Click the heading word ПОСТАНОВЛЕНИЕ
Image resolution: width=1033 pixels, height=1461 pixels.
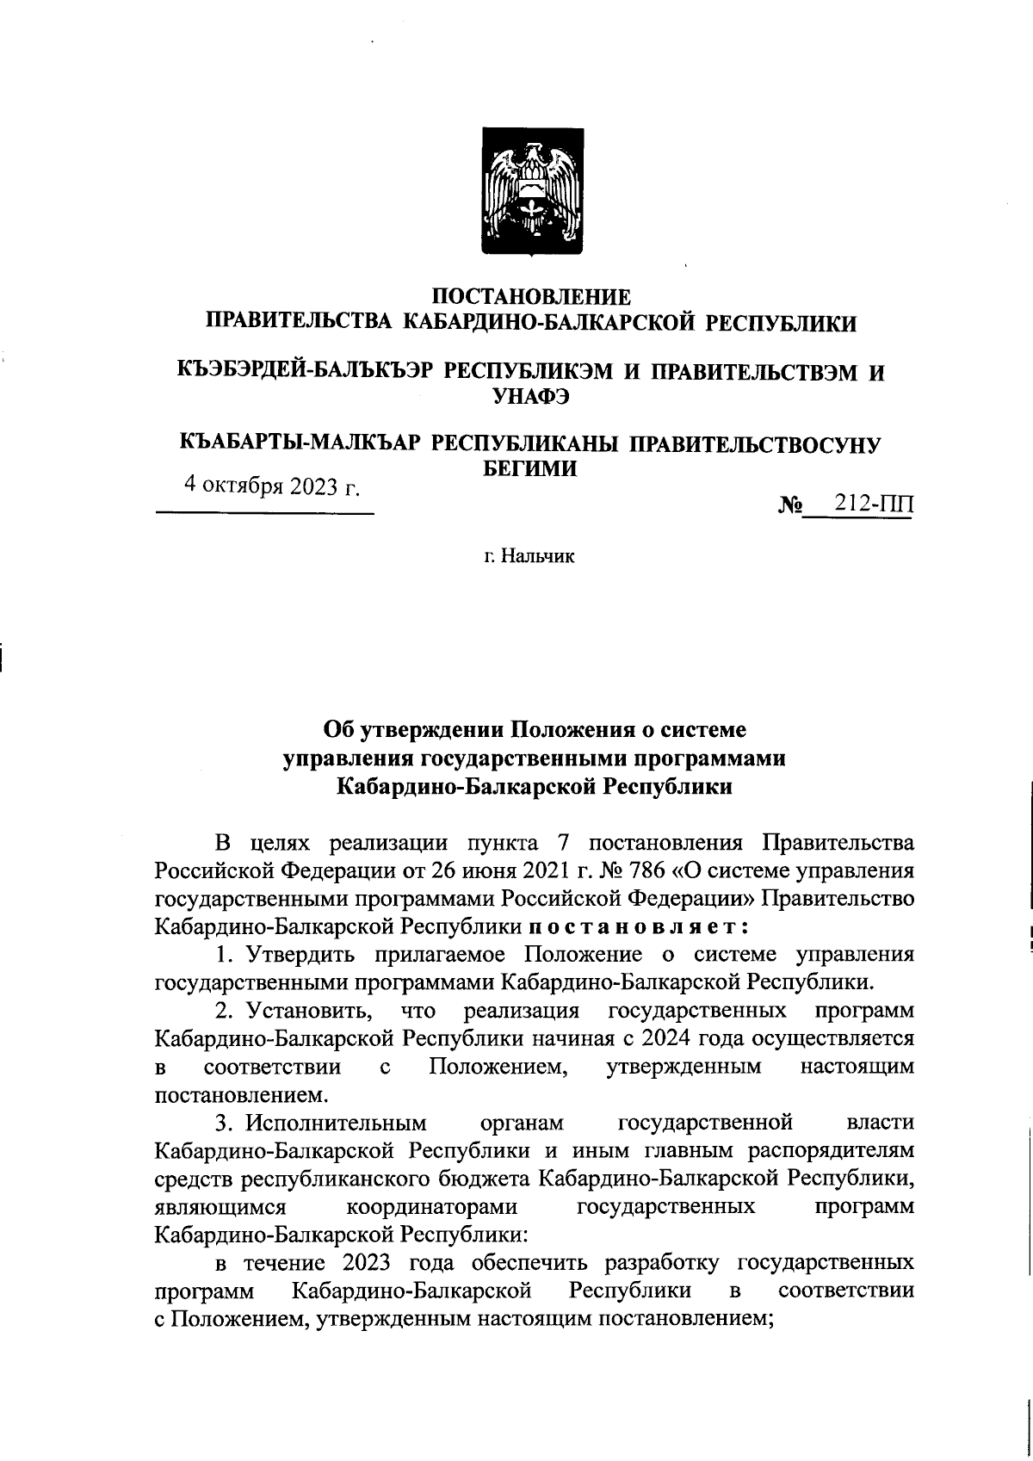click(x=531, y=297)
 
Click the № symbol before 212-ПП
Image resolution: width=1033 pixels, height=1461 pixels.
click(x=789, y=505)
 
